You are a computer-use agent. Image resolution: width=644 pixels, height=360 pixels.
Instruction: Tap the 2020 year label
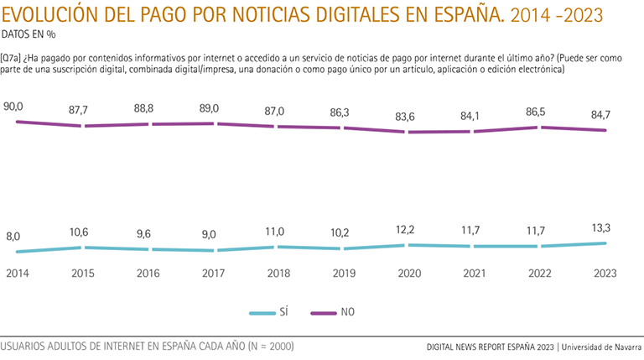pyautogui.click(x=409, y=274)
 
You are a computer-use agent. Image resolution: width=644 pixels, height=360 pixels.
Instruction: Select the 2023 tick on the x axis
pyautogui.click(x=605, y=274)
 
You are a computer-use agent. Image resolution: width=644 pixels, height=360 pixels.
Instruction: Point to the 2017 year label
pyautogui.click(x=213, y=274)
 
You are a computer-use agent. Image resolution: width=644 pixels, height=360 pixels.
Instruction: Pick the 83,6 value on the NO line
pyautogui.click(x=409, y=117)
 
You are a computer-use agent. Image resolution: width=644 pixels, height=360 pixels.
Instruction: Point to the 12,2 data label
pyautogui.click(x=409, y=230)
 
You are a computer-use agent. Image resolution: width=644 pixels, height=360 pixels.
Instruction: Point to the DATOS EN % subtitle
pyautogui.click(x=29, y=34)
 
